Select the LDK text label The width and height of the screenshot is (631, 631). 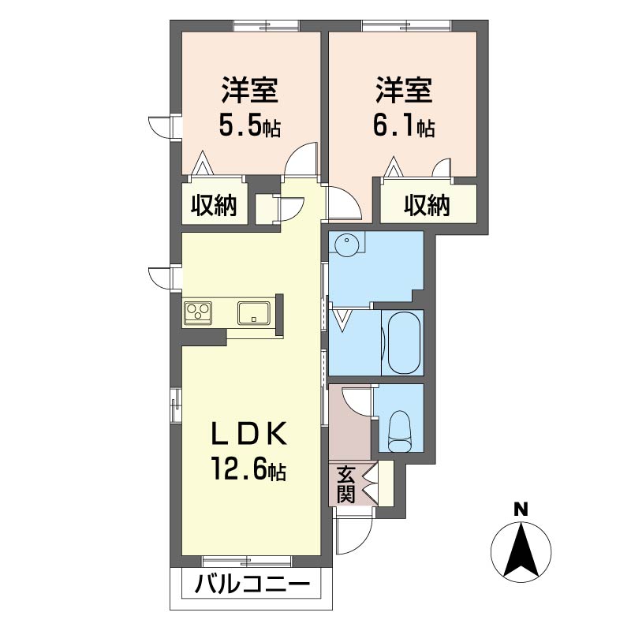tap(249, 433)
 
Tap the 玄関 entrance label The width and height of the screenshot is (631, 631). tap(345, 484)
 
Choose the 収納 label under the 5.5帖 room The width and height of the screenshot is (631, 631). tap(214, 205)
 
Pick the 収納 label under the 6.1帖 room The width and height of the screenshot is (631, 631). tap(427, 205)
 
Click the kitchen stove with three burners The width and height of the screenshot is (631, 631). tap(198, 312)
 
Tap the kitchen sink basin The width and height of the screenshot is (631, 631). tap(254, 312)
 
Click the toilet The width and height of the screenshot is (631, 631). tap(399, 431)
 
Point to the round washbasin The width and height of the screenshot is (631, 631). tap(346, 244)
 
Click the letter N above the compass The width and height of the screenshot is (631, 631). tap(521, 510)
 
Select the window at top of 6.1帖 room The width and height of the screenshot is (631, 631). tap(406, 27)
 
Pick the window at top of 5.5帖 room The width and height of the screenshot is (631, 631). tap(267, 27)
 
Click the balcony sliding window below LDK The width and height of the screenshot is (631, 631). tap(247, 561)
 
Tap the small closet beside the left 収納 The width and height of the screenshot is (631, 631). tap(265, 209)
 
